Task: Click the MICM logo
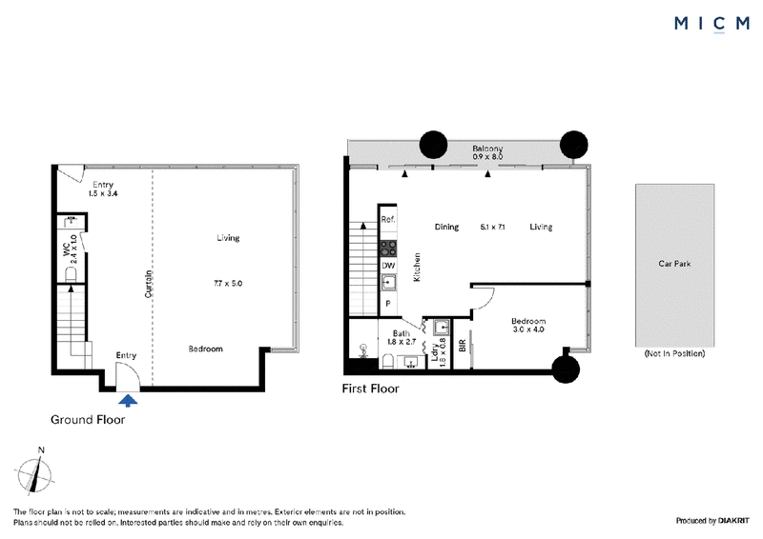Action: pos(711,23)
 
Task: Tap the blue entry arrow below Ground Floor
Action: pos(128,401)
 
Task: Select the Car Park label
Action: pos(674,264)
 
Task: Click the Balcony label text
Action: pos(487,149)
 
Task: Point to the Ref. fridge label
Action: pos(388,220)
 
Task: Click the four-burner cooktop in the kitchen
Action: pos(388,249)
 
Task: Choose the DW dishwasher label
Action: pos(388,266)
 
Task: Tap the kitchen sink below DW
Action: pos(388,283)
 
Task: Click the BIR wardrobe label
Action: pos(463,346)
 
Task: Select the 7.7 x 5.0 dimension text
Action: pos(228,284)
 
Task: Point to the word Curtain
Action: pos(149,284)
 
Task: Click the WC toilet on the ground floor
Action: pos(71,275)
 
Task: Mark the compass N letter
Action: pos(41,450)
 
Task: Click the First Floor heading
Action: pos(370,389)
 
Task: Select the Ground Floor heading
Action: pos(88,420)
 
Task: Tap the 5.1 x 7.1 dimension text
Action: pos(492,227)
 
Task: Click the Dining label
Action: pos(446,227)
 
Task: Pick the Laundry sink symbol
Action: pos(442,327)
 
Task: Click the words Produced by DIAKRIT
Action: pos(712,521)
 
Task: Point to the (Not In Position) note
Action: pos(674,354)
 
